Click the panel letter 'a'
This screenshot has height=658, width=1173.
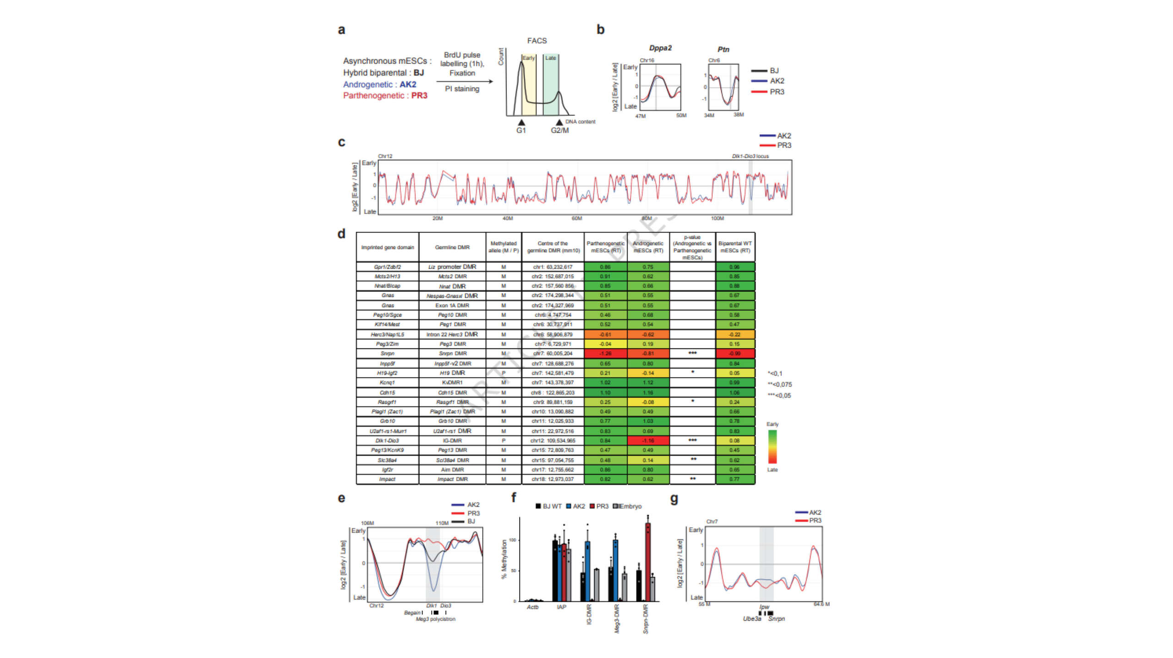coord(341,30)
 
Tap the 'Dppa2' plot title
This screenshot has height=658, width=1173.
coord(660,48)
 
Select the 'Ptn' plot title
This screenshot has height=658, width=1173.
coord(723,49)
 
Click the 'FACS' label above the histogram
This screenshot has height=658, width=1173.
coord(537,41)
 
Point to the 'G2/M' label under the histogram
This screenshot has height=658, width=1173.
coord(559,131)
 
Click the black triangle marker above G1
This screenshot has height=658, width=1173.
coord(521,122)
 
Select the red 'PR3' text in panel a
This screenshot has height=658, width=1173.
coord(419,96)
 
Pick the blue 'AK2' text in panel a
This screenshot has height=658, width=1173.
coord(408,85)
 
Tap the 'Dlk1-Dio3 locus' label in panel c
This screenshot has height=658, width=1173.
coord(750,156)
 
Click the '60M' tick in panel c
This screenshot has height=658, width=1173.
coord(576,219)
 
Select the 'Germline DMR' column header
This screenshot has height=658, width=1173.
coord(452,247)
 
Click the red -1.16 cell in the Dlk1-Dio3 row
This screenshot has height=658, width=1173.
coord(648,441)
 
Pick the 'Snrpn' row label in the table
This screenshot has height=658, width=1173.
coord(387,354)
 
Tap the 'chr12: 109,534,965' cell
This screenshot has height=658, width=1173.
coord(553,441)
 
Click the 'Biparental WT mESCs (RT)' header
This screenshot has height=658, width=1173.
coord(735,247)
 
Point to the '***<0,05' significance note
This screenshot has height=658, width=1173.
coord(779,396)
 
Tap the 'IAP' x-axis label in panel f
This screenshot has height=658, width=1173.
coord(561,607)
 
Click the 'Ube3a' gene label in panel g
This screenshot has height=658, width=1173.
coord(751,619)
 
